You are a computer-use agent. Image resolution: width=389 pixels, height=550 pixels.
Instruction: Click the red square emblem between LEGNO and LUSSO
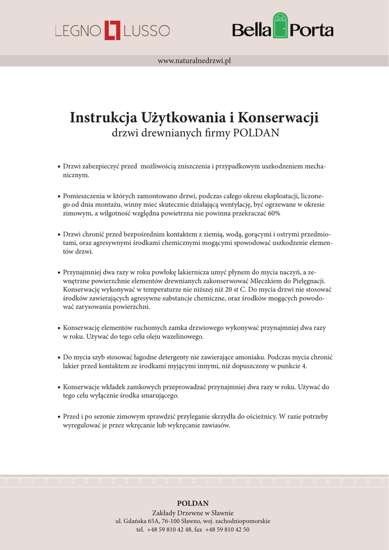click(x=113, y=31)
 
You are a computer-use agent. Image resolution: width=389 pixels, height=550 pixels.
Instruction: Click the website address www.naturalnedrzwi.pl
click(x=194, y=61)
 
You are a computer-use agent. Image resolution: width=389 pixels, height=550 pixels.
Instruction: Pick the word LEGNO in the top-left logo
click(x=78, y=31)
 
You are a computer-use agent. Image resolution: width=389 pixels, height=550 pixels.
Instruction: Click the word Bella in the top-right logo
click(x=251, y=31)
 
